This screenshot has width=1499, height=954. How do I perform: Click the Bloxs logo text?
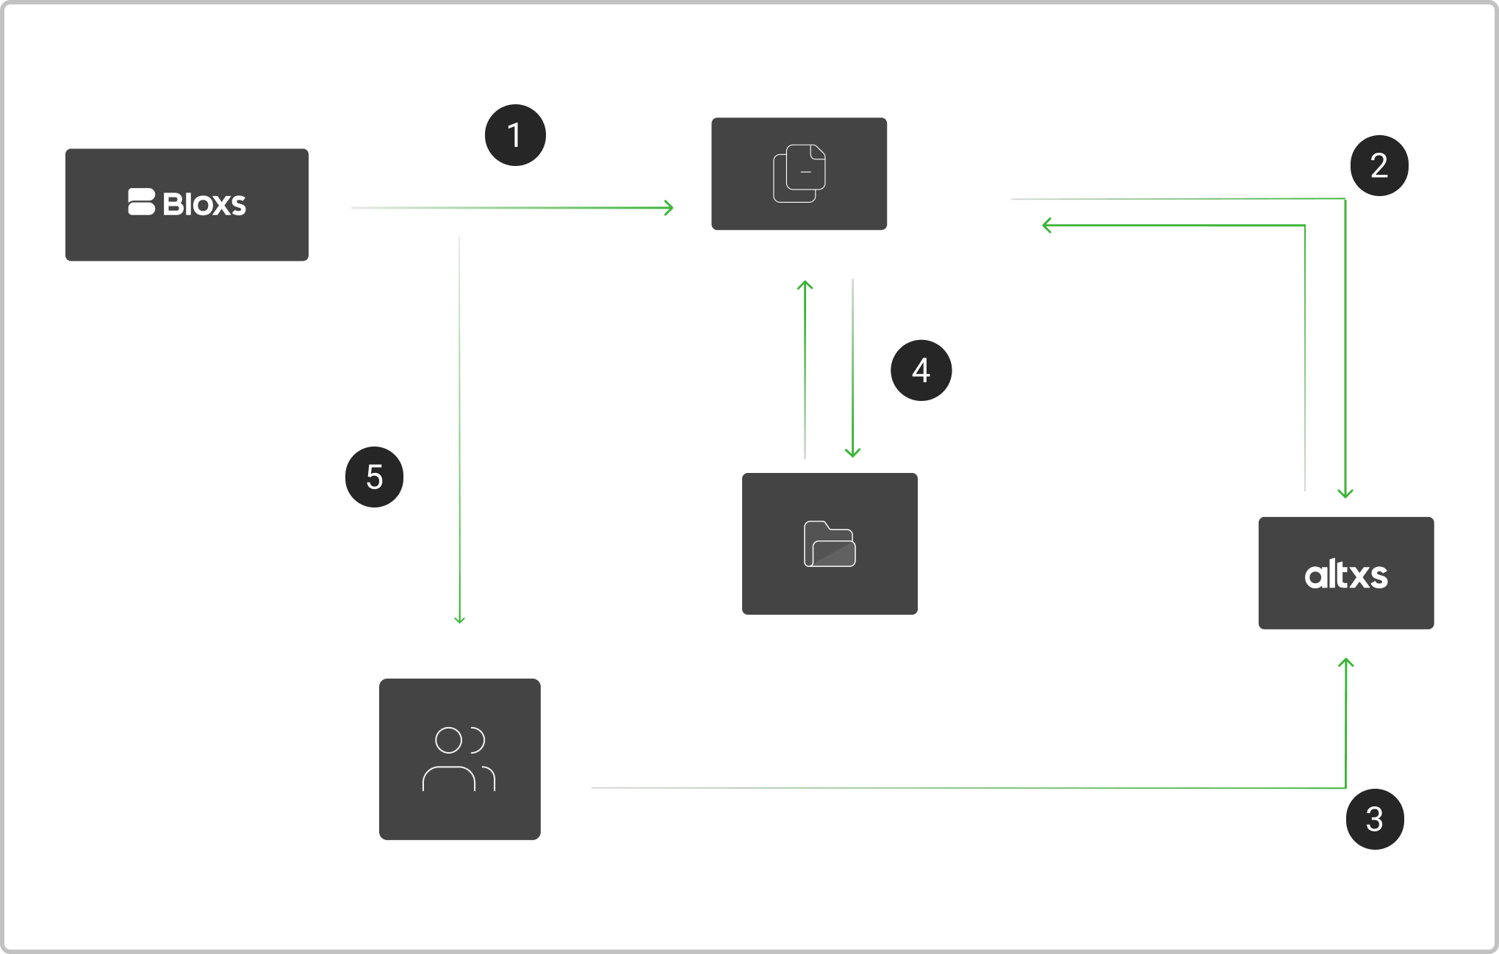tap(204, 204)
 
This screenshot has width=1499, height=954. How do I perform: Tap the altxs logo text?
tap(1346, 575)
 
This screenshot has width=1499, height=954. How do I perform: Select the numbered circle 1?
tap(515, 135)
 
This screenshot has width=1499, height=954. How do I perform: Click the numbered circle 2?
tap(1379, 165)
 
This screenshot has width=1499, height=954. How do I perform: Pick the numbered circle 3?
tap(1375, 819)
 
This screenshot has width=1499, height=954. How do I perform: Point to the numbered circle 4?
tap(921, 370)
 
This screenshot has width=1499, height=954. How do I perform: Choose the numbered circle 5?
tap(375, 477)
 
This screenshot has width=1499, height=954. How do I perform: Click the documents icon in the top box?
tap(799, 173)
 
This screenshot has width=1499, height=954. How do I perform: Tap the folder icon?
tap(830, 544)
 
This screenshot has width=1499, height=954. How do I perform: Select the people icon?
tap(459, 759)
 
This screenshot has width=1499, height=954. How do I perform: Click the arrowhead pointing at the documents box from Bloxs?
tap(669, 208)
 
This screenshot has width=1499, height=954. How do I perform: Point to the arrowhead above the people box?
tap(459, 619)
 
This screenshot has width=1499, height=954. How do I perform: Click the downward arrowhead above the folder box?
tap(852, 452)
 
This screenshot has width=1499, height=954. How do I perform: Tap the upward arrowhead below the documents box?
tap(805, 284)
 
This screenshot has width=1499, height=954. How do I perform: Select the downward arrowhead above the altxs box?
tap(1345, 494)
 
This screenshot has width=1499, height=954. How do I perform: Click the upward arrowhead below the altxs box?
tap(1346, 663)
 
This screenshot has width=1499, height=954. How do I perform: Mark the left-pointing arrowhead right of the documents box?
tap(1047, 225)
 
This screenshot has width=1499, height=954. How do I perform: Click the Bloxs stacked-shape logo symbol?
tap(142, 203)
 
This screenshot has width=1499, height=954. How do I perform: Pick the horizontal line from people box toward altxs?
tap(882, 788)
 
